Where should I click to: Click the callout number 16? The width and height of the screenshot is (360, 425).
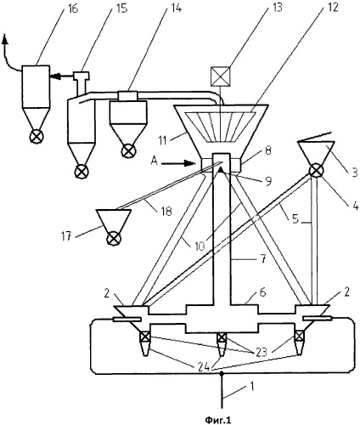point(73,8)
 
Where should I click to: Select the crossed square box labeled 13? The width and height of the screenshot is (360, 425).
point(220,76)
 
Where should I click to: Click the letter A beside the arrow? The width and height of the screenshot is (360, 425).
point(155,161)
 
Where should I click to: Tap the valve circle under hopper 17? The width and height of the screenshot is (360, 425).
point(114,239)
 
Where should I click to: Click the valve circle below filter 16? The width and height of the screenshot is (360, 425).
point(37,137)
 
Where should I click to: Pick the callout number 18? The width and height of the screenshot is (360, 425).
point(166,210)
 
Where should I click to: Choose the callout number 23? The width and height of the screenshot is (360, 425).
point(261,352)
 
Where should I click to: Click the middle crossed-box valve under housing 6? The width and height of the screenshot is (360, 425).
point(222,337)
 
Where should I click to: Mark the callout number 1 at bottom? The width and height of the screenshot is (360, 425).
point(252,386)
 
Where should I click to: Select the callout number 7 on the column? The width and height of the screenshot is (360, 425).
point(263,259)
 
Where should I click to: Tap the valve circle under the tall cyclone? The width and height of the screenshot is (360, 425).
point(82,172)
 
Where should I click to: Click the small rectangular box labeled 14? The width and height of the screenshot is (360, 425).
point(127,96)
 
